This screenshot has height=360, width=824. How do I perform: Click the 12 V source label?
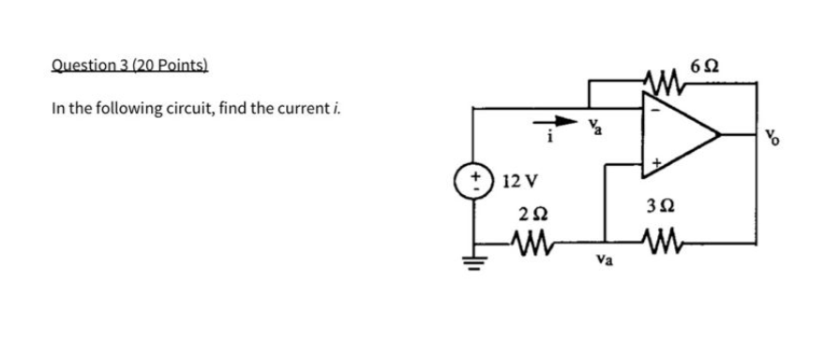coord(518,180)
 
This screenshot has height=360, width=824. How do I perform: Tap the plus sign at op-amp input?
coord(657,163)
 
